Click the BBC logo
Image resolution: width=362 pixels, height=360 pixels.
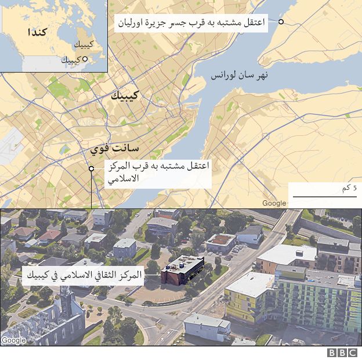click(342, 352)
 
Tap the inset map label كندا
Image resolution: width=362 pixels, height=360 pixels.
click(37, 31)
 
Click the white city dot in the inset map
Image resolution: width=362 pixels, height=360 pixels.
click(85, 59)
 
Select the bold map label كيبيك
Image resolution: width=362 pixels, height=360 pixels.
click(126, 96)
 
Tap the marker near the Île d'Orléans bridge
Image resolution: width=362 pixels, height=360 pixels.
click(281, 22)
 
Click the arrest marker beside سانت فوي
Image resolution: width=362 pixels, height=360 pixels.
click(91, 168)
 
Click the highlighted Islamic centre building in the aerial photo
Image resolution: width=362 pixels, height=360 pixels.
click(182, 271)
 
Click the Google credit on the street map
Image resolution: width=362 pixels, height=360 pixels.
click(274, 203)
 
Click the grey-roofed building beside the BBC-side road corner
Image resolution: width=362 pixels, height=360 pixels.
click(207, 326)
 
